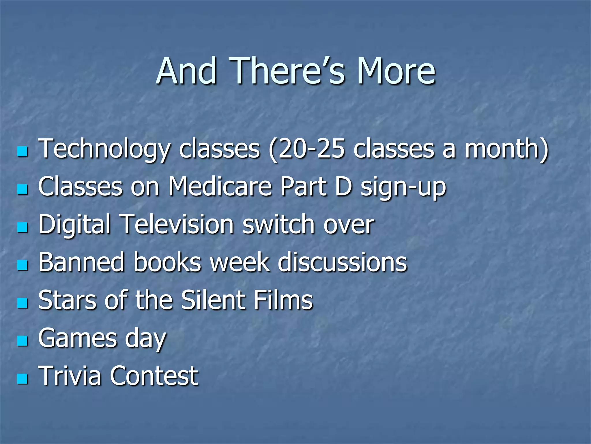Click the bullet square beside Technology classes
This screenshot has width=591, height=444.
coord(23,151)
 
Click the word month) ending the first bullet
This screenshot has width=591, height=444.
coord(506,149)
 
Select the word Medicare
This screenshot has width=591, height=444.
coord(220,187)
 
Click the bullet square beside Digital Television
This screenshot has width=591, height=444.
coord(23,227)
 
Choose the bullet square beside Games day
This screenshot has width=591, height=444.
coord(23,341)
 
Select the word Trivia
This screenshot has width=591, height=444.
coord(70,376)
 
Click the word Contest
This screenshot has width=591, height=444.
coord(154,376)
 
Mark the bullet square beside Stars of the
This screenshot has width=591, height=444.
coord(23,303)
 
